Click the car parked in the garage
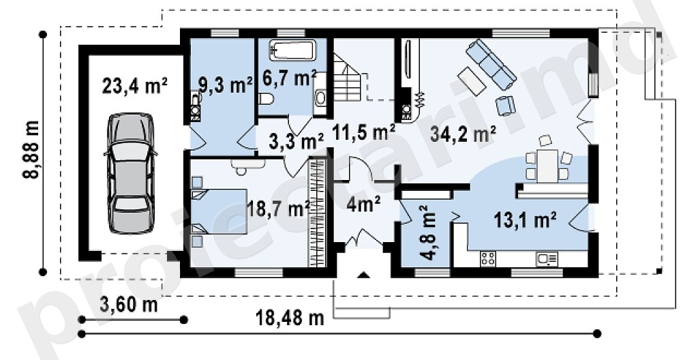[130, 173]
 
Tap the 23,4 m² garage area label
[135, 86]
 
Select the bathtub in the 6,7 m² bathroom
[292, 50]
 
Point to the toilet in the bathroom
[266, 99]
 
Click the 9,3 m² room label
[226, 85]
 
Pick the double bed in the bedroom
[220, 211]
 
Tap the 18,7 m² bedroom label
[279, 208]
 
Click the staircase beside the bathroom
[346, 77]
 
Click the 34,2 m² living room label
[463, 133]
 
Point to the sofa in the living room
[491, 63]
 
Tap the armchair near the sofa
[505, 106]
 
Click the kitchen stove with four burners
[488, 258]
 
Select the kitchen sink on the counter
[547, 259]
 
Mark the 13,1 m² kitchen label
[526, 220]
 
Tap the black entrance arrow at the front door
[364, 275]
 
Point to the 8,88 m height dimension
[31, 149]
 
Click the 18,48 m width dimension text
[290, 318]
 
